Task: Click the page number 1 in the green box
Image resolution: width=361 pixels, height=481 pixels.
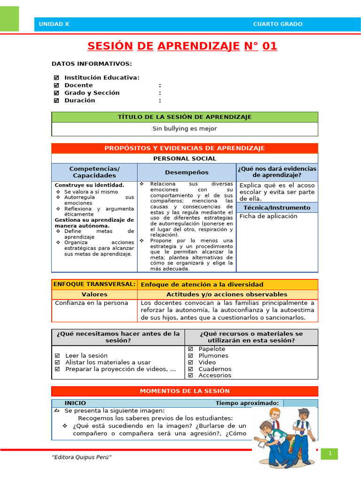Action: pos(330,453)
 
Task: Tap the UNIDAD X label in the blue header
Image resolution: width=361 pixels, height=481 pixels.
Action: pos(54,24)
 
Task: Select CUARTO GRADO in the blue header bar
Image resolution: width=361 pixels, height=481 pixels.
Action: pos(278,24)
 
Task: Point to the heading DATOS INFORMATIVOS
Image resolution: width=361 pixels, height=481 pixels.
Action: pos(92,64)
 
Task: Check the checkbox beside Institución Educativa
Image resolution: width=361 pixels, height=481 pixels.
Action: pos(56,78)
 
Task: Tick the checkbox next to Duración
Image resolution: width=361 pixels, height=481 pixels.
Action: pos(56,101)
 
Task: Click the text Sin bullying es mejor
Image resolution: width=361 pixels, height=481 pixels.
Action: pos(184,129)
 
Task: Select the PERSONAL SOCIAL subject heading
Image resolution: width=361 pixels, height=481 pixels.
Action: pos(184,159)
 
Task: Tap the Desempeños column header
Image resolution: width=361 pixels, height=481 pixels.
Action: pos(187,172)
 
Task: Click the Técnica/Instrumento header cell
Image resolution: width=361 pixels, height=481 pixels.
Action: pos(277,208)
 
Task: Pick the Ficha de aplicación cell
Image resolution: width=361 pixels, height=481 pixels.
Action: pos(268,217)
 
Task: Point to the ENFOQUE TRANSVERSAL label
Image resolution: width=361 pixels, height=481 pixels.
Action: pos(94,284)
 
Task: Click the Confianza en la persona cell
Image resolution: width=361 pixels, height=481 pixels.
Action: pos(91,303)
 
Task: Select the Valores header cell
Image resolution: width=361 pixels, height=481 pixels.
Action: pos(94,295)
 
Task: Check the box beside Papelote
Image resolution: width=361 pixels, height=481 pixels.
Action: pos(191,349)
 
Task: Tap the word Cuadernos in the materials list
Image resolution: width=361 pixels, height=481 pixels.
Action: pos(215,369)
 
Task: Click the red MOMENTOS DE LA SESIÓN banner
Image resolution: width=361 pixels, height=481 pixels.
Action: pos(184,391)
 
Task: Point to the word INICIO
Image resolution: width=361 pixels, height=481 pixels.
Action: pos(75,403)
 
